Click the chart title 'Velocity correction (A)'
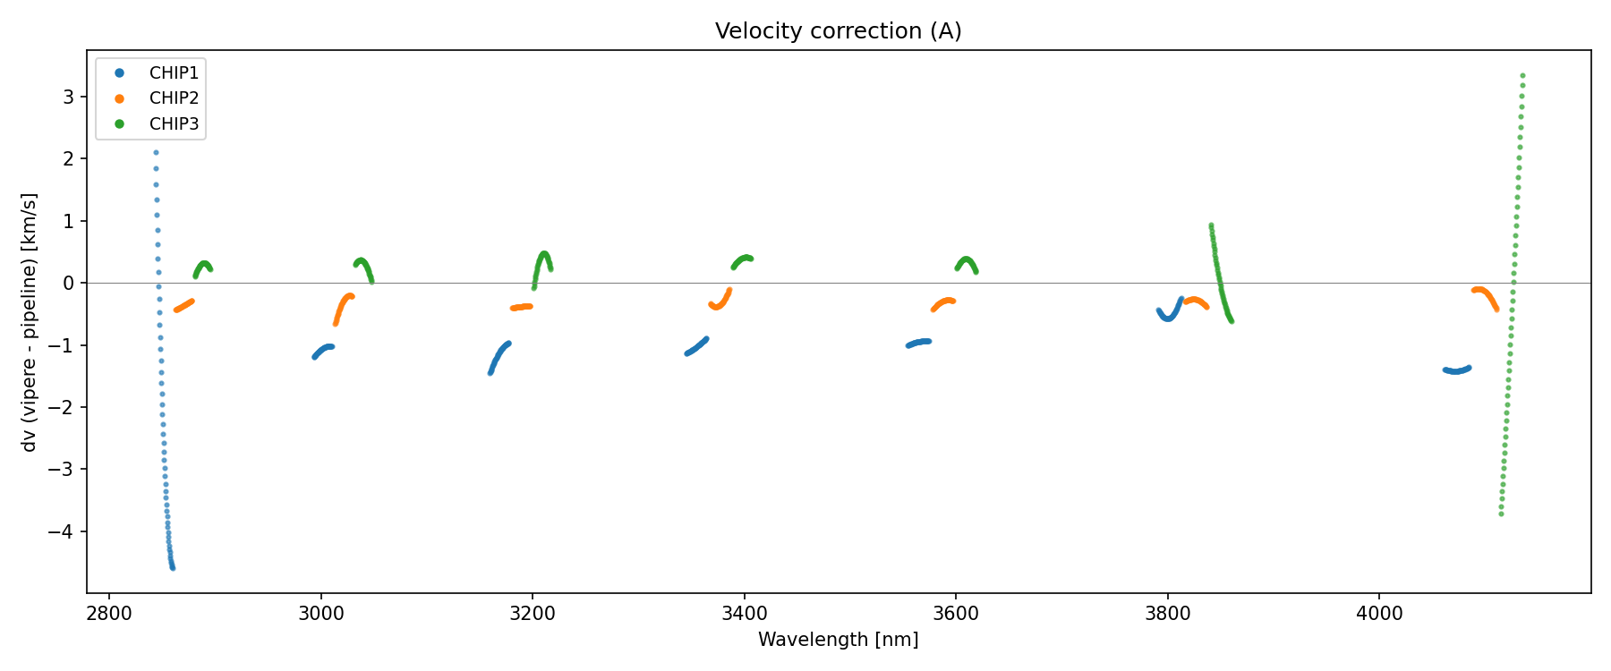click(x=838, y=31)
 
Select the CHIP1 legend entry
click(x=174, y=73)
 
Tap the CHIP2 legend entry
click(x=174, y=98)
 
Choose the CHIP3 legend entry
click(x=174, y=124)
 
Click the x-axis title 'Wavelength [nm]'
click(x=838, y=640)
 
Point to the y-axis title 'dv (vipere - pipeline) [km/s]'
click(x=30, y=322)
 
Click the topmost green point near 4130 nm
click(x=1522, y=76)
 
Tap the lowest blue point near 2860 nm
click(x=173, y=568)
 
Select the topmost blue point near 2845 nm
click(x=156, y=153)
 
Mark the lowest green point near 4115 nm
click(x=1501, y=514)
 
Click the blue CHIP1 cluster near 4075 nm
click(x=1456, y=370)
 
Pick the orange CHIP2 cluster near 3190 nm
click(x=522, y=307)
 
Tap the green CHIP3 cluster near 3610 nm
click(x=967, y=261)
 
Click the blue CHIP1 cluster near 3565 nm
click(x=918, y=343)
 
